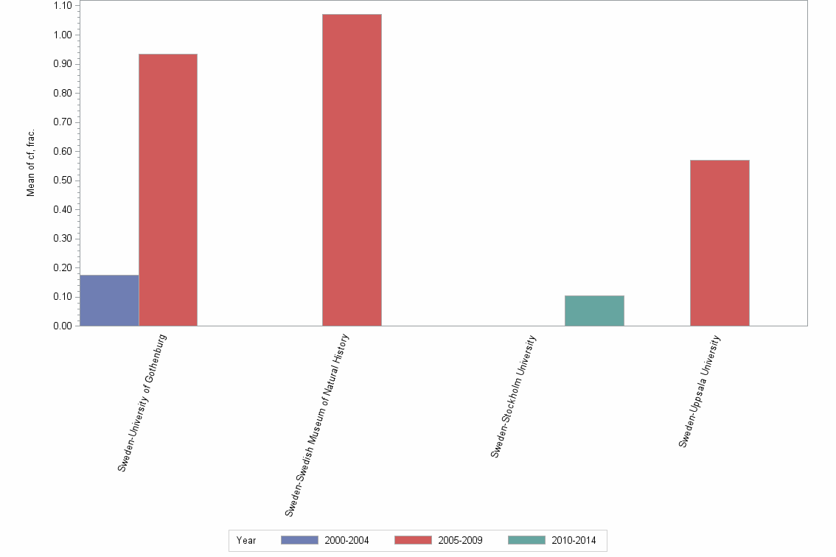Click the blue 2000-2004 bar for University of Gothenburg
(109, 301)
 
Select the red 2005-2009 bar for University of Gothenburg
(168, 190)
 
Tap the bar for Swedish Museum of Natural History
(352, 170)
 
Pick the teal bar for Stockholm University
(594, 311)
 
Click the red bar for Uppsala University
(720, 243)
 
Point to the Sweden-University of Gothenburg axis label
(143, 403)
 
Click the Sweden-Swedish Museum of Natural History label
(317, 424)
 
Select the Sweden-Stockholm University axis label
(513, 397)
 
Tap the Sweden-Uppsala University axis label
(700, 391)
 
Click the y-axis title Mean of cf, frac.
(31, 164)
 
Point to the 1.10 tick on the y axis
(63, 6)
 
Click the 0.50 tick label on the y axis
(63, 181)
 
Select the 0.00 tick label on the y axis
(63, 326)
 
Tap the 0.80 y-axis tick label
(63, 94)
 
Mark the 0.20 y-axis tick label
(63, 267)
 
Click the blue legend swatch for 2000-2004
(299, 540)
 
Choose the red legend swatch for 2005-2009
(413, 540)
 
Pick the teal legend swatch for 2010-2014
(526, 540)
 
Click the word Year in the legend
(246, 541)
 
